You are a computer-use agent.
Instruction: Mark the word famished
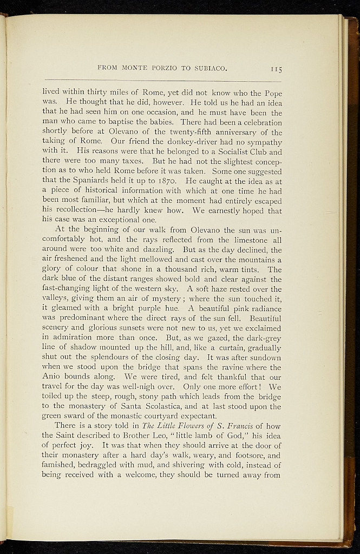tap(60, 465)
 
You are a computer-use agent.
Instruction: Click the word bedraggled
tap(103, 465)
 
